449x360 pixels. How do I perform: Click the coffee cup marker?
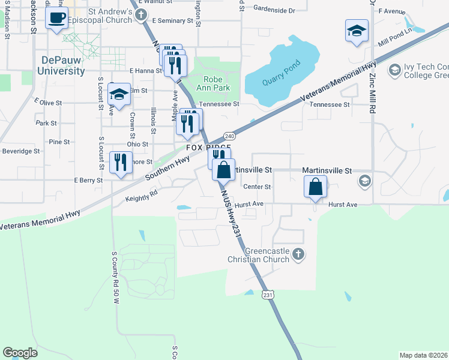point(57,19)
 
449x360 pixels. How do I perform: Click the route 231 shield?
point(268,295)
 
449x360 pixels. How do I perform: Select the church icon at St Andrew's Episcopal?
point(142,16)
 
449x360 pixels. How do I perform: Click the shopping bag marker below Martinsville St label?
point(315,187)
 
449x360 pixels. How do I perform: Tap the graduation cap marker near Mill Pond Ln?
point(357,31)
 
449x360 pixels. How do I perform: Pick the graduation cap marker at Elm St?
point(119,94)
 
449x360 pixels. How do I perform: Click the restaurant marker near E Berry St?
point(121,162)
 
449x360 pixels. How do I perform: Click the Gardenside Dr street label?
point(274,11)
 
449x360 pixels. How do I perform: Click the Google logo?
point(20,353)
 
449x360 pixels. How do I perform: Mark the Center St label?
point(258,187)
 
